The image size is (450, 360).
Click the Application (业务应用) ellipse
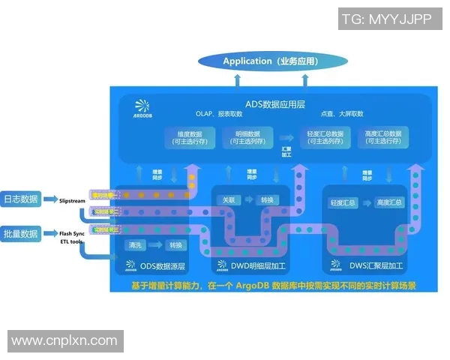[271, 61]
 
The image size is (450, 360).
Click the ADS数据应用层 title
[274, 103]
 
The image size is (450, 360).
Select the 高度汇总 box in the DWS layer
[389, 203]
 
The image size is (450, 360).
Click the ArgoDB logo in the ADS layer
[142, 109]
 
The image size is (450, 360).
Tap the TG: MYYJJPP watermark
[386, 19]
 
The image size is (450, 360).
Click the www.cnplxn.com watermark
[64, 341]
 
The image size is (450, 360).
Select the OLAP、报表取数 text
[220, 114]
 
